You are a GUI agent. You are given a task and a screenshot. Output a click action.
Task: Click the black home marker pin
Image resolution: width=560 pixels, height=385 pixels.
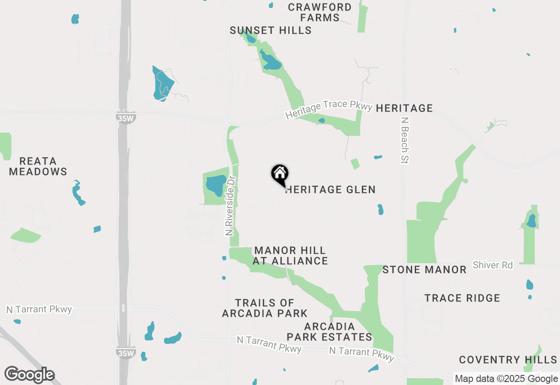tap(280, 175)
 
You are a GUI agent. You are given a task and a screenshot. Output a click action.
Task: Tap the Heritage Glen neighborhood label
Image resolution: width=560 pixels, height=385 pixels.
tap(331, 189)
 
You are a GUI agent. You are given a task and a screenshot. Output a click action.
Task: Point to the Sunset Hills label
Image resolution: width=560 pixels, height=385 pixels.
tap(271, 30)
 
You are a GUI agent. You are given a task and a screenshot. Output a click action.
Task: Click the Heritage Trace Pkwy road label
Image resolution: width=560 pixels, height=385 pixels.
tap(329, 109)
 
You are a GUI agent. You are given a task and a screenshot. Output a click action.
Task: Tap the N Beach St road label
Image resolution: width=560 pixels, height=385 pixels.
tap(405, 140)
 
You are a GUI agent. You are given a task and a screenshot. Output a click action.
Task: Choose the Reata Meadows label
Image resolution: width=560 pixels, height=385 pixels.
tap(38, 166)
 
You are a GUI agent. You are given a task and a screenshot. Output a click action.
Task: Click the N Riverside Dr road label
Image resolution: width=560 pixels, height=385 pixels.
tap(231, 206)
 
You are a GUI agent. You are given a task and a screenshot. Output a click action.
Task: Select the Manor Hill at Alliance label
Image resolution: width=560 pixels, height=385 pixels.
tap(290, 255)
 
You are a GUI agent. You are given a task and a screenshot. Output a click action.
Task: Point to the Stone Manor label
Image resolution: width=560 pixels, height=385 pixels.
tap(424, 269)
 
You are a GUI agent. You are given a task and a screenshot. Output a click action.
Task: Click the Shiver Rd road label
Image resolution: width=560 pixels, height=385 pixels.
tap(493, 265)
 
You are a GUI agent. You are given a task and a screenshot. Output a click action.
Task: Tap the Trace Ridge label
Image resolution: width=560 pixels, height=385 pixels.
tap(462, 298)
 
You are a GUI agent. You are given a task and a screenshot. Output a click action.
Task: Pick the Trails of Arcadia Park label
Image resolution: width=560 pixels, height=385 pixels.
tap(265, 308)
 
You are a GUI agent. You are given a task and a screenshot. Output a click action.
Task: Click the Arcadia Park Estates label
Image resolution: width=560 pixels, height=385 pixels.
tap(329, 332)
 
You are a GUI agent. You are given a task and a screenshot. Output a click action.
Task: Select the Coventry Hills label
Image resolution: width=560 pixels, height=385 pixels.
tap(508, 360)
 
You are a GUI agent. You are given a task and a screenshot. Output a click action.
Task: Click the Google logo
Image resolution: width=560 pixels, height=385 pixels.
tap(29, 374)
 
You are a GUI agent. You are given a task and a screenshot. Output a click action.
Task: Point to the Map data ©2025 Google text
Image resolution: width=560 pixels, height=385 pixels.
tap(506, 379)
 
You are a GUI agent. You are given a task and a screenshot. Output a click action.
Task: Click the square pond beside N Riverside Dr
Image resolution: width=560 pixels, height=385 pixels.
tap(216, 185)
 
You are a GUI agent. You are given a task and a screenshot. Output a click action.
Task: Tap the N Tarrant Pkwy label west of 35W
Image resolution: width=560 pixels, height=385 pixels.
tap(39, 309)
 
